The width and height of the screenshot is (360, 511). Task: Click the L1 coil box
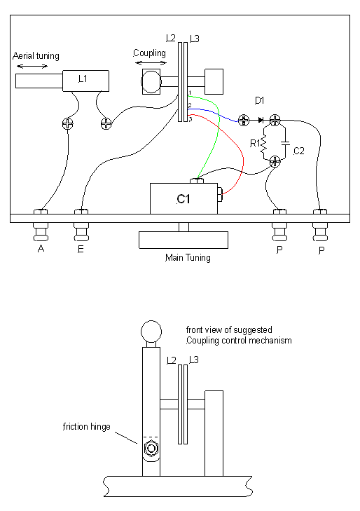coord(85,81)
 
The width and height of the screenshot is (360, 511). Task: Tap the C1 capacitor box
coord(184,198)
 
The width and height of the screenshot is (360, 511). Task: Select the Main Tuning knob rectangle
coord(184,240)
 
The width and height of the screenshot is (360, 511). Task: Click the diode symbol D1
coord(261,121)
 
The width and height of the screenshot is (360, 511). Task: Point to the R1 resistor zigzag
coord(263,144)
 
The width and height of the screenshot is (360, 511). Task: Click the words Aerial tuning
coord(36,56)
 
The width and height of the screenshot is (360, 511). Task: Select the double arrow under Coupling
coord(151,63)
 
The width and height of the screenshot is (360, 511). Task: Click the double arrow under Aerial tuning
coord(32,67)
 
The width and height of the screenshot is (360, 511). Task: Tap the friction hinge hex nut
coord(151,449)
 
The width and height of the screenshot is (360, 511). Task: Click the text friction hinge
coord(87,427)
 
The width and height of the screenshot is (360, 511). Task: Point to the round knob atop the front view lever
coord(151,331)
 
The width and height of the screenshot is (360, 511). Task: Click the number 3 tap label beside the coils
coord(191,119)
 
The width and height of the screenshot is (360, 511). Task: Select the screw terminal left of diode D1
coord(244,121)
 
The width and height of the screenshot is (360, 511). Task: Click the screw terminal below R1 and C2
coord(275,161)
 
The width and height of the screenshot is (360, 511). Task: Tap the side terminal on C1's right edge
coord(220,195)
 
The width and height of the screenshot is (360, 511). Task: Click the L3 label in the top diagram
coord(194,39)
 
